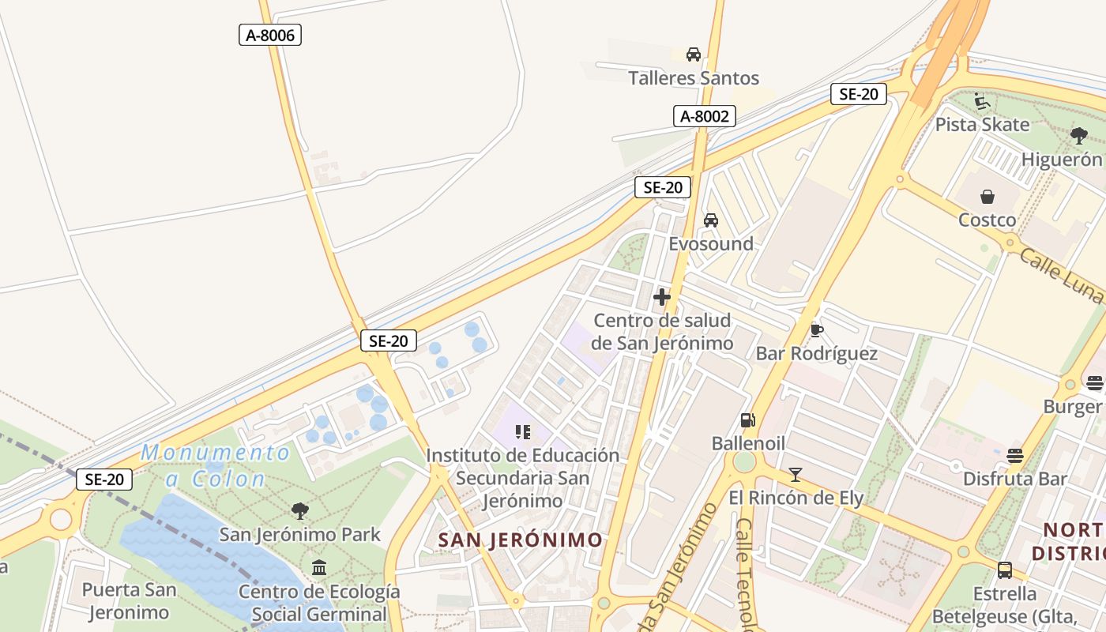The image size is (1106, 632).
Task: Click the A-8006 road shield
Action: pos(270,35)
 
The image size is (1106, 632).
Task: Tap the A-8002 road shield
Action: pos(705,116)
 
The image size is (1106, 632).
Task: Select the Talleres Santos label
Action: pos(694,78)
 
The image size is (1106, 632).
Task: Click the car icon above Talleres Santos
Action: pos(694,55)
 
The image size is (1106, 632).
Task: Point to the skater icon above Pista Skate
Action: pos(982,101)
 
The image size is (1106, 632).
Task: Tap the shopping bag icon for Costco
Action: pos(987,197)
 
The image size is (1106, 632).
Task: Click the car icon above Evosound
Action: pos(711,220)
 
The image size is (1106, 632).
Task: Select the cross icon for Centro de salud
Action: pos(662,298)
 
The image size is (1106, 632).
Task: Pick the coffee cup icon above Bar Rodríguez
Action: pos(817,329)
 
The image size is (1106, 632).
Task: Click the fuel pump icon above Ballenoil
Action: pos(747,420)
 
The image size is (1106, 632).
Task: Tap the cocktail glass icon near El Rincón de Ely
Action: pos(796,475)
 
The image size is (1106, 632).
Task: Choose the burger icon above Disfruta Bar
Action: pos(1015,455)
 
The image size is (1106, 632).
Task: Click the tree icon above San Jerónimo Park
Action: pos(299,511)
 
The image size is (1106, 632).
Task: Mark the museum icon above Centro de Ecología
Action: pos(319,568)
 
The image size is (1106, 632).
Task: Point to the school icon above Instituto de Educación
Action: pos(522,431)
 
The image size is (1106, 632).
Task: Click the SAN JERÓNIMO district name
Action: pos(521,540)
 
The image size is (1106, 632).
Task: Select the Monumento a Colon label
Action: pos(215,465)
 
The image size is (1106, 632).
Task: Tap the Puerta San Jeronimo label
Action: pos(129,600)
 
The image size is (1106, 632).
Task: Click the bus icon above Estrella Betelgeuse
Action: pos(1005,570)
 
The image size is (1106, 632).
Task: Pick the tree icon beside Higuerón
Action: pos(1079,136)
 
